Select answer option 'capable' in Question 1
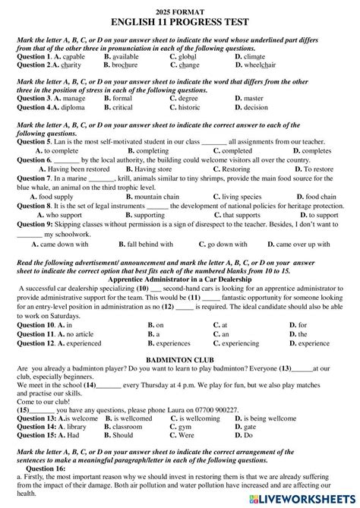[71, 57]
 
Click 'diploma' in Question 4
[69, 107]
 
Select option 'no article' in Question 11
[77, 334]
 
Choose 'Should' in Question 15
[122, 436]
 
